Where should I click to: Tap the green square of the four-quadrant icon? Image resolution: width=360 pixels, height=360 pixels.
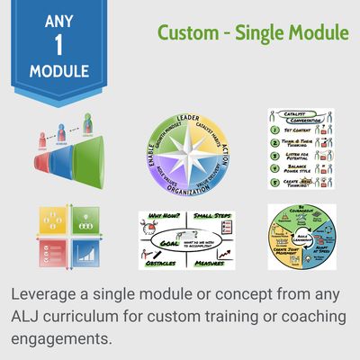click(x=84, y=220)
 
